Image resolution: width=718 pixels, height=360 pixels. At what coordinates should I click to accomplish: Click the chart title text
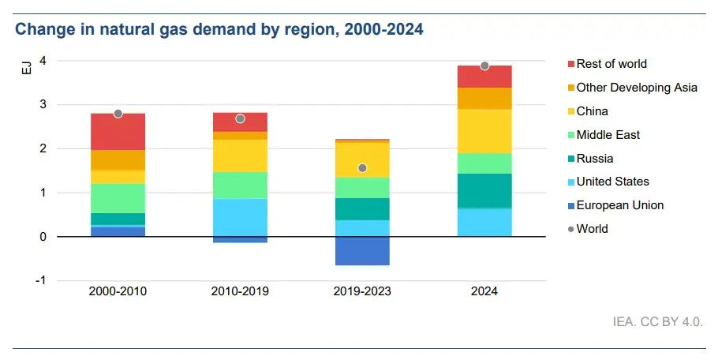point(219,30)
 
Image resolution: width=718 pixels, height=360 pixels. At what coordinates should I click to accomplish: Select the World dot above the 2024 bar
point(484,66)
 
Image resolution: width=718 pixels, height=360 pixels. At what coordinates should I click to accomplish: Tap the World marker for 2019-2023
point(362,168)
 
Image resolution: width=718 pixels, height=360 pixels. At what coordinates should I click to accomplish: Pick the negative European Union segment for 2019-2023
point(362,251)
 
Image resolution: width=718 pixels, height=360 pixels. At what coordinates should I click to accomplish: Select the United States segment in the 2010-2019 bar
point(240,217)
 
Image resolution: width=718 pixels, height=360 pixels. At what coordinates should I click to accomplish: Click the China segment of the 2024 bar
point(484,130)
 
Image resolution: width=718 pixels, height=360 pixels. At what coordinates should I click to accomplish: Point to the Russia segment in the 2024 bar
point(484,190)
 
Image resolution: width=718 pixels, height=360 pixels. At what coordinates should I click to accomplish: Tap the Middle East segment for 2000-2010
point(118,197)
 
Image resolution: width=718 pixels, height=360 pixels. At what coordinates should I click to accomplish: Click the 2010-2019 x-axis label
point(240,291)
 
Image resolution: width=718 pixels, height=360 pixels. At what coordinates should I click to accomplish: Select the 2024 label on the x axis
point(484,291)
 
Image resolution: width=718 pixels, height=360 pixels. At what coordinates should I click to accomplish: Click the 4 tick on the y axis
point(43,61)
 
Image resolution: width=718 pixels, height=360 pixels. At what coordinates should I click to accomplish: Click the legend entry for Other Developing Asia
point(636,88)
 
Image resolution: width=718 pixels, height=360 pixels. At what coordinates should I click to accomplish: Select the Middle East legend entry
point(608,135)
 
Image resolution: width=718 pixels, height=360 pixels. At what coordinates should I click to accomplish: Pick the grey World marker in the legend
point(570,229)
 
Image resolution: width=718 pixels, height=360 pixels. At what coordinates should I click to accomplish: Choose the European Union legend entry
point(619,205)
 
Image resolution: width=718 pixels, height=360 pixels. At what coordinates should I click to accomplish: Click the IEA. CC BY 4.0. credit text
point(656,322)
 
